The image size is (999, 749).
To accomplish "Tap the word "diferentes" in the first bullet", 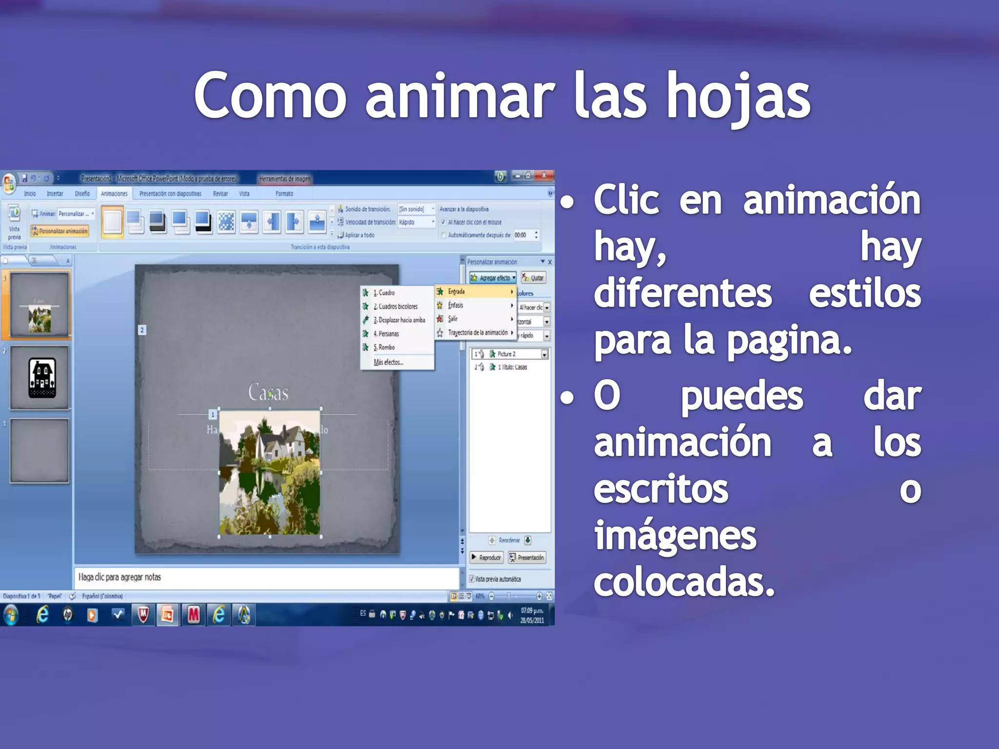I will click(682, 294).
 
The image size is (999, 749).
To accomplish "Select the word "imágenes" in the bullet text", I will click(675, 536).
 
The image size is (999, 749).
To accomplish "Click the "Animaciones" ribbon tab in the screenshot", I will click(114, 194).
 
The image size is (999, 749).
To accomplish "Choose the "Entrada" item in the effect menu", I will click(457, 292).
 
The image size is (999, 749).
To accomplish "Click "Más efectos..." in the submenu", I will click(388, 362).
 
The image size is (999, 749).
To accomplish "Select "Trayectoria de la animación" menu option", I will click(478, 333).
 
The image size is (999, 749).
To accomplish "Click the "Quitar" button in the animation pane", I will click(534, 278).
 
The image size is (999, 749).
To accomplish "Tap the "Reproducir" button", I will click(487, 557).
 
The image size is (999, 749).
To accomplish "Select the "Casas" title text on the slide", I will click(268, 393).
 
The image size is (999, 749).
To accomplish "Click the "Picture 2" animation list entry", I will click(507, 354).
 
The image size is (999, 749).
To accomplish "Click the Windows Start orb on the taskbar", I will click(11, 615).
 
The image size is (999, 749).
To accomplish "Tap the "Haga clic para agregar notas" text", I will click(120, 577).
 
